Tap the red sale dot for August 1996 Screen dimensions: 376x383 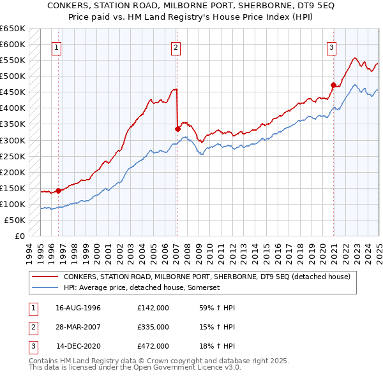coord(58,190)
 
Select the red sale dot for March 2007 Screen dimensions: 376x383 coord(177,129)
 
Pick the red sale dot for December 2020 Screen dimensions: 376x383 coord(333,85)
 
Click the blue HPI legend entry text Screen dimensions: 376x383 coord(141,288)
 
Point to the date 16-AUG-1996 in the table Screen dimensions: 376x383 coord(79,308)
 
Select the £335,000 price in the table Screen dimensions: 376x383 coord(153,327)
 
